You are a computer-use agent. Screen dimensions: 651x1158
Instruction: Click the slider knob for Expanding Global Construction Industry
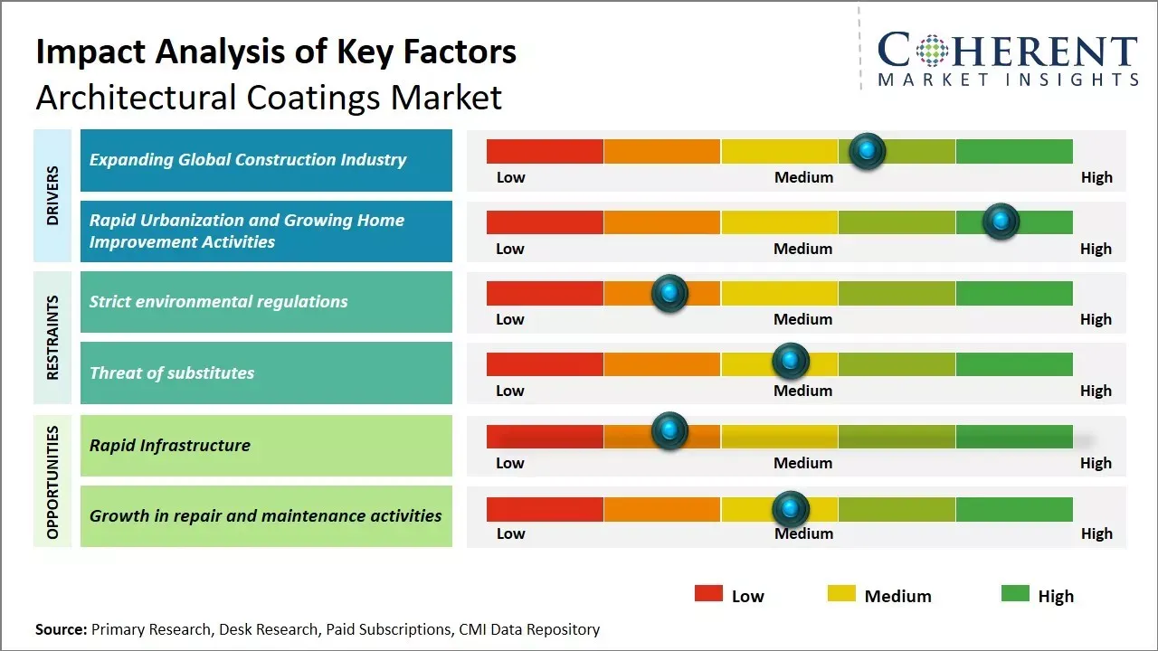(868, 151)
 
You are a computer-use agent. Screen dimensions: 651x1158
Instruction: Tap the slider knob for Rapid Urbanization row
(1001, 222)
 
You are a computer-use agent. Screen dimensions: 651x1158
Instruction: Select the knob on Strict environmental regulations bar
(669, 293)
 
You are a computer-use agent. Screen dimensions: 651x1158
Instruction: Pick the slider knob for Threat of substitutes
(791, 362)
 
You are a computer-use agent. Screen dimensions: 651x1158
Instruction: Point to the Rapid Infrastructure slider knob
(669, 431)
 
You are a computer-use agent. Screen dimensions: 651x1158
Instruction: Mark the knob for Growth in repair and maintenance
(791, 509)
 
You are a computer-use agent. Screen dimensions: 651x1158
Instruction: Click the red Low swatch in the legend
(708, 594)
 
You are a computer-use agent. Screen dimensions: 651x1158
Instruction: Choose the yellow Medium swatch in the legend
(841, 594)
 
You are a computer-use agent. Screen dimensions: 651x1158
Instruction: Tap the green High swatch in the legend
(1015, 594)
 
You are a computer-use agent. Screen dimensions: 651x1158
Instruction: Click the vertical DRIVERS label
(52, 195)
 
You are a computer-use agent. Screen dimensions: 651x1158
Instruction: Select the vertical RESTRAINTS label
(52, 337)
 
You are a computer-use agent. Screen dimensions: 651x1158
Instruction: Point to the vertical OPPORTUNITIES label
(52, 482)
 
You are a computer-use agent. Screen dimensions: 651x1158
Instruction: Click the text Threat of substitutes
(172, 373)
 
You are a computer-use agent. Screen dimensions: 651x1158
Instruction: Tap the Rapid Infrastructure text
(170, 445)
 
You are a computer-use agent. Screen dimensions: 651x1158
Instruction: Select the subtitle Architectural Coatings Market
(269, 97)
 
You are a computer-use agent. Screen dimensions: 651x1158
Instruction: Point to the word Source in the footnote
(61, 629)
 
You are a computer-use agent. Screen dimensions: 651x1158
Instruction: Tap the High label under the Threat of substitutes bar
(1096, 391)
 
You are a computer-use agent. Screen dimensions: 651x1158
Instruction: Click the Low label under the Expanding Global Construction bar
(510, 177)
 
